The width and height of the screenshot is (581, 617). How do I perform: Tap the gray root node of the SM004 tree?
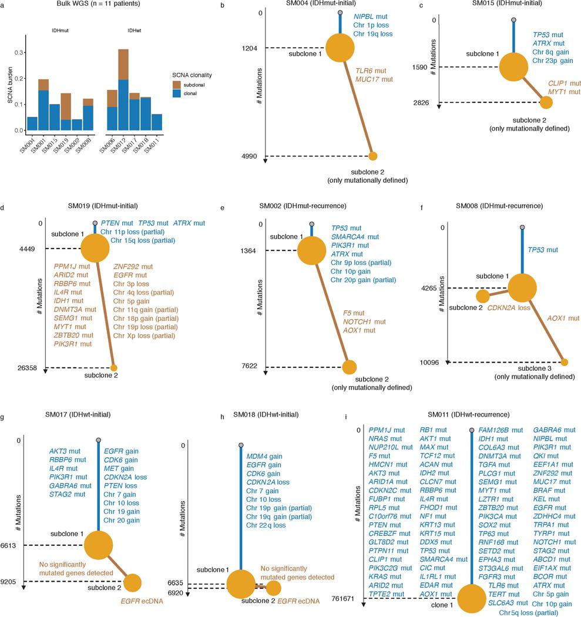(x=341, y=12)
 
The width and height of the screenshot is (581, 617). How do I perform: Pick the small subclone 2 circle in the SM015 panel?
(x=546, y=103)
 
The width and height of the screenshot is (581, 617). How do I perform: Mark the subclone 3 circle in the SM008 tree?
(x=565, y=362)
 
